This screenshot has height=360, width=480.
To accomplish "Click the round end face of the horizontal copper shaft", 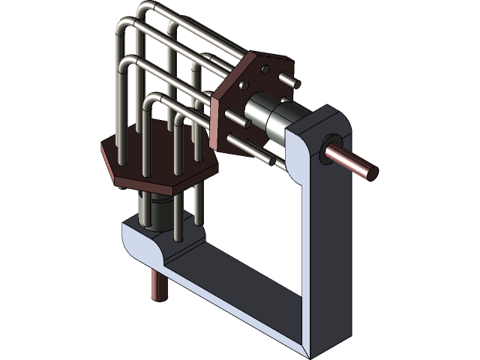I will (371, 172).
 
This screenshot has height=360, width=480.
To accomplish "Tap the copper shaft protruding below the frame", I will (157, 285).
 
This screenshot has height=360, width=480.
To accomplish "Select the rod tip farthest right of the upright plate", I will (294, 82).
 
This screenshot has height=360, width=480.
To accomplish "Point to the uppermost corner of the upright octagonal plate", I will (259, 51).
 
